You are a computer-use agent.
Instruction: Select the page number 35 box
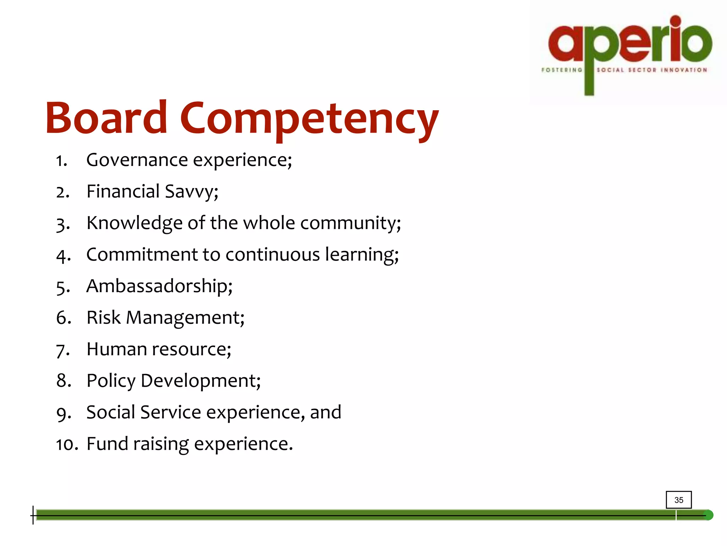[678, 500]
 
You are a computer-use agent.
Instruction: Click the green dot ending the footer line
[708, 515]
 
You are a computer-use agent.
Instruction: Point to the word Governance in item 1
[137, 160]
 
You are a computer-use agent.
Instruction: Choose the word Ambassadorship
[159, 286]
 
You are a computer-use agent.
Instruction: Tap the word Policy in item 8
[111, 381]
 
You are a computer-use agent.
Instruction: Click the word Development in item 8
[201, 381]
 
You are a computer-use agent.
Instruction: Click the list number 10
[66, 444]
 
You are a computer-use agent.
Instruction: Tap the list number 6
[63, 317]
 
